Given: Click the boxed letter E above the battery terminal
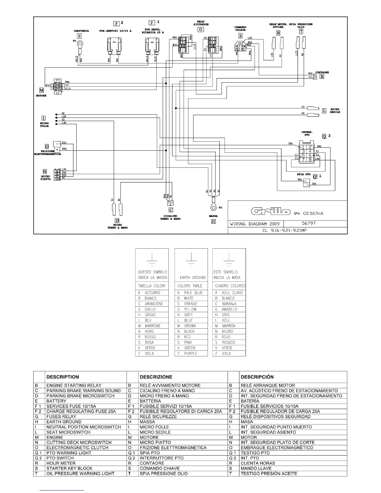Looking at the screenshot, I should point(80,36).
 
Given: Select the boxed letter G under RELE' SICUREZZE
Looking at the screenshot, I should point(201,30).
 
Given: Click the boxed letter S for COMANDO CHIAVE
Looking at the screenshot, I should point(241,36).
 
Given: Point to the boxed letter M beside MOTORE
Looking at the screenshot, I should point(41,90).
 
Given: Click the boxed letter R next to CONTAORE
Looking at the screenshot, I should point(322,77).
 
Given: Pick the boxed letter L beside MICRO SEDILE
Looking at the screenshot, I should point(324,110).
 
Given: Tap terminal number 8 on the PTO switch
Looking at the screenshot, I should point(310,160).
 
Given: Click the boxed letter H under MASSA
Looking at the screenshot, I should point(214,222).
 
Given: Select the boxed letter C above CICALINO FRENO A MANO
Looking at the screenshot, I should point(171,210).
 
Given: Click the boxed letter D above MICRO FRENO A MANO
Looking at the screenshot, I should point(117,220).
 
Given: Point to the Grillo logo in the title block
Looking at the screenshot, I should point(271,212).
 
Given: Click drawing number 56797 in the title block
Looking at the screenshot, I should point(309,223).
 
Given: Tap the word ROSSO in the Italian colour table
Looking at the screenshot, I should point(150,337).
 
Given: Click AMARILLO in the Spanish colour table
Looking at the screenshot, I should point(229,309).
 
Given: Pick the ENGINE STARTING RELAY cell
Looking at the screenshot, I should point(74,385).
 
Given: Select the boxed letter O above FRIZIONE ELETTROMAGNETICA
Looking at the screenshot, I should point(47,146).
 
